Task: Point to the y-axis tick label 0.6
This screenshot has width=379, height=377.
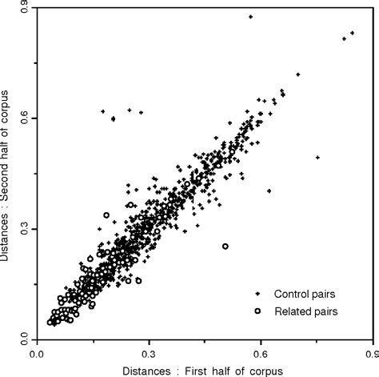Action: click(x=25, y=118)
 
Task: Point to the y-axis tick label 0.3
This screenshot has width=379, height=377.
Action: click(x=25, y=229)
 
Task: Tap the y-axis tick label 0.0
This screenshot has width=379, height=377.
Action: click(x=25, y=339)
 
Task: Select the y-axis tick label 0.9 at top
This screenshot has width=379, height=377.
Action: click(x=25, y=7)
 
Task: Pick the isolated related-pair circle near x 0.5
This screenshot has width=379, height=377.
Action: click(x=225, y=247)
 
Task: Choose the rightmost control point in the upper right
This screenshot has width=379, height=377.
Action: click(x=353, y=32)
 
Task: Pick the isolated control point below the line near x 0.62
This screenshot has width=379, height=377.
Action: click(x=269, y=191)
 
